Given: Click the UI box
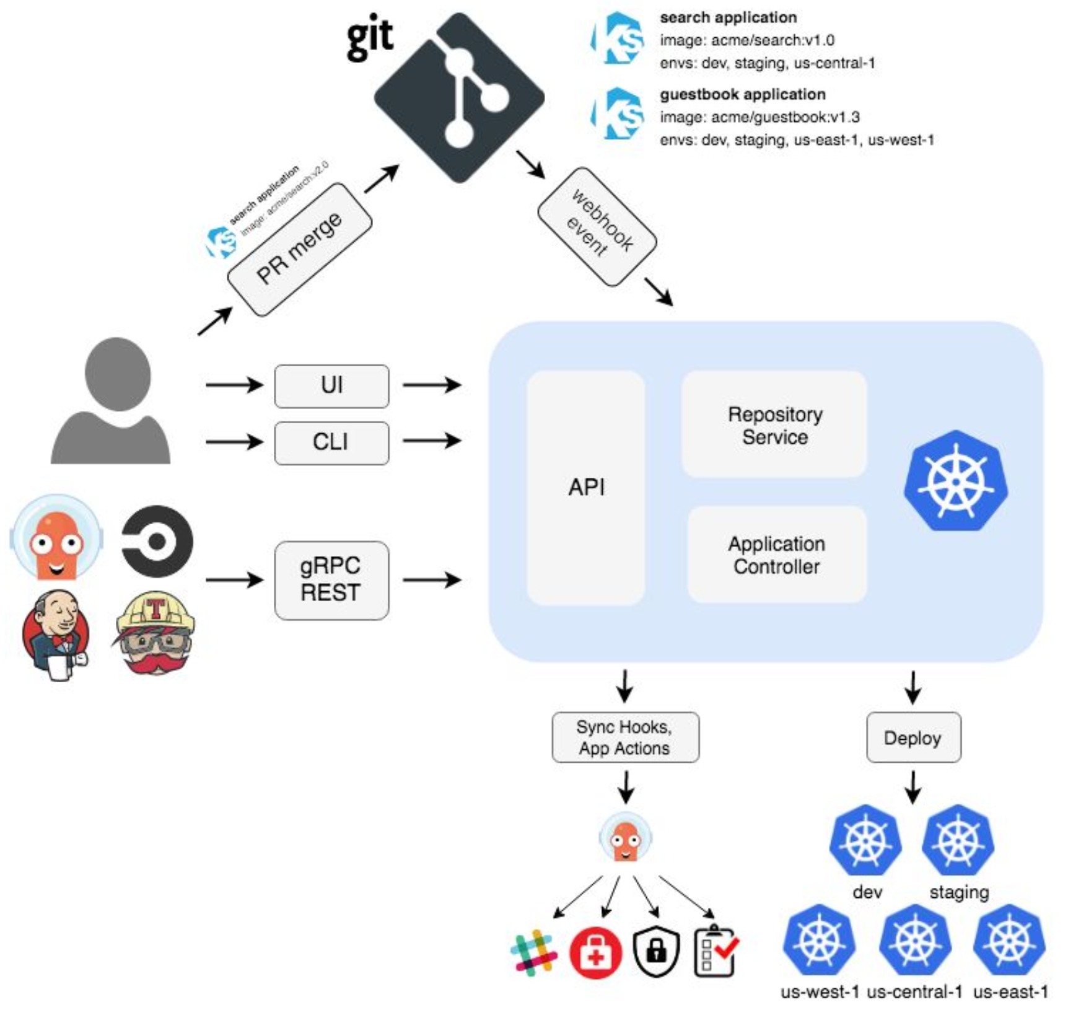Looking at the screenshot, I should pos(331,386).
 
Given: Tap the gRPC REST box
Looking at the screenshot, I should pos(331,580).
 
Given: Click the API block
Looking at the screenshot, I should pos(585,488).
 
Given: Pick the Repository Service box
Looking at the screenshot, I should pos(774,425).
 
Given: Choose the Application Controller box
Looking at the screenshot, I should pos(776,555).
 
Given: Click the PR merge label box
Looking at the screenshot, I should pos(300,248).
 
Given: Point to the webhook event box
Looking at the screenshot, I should pos(597,227).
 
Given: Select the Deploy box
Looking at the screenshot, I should pos(913,737).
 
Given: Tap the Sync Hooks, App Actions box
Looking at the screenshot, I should pos(625,737).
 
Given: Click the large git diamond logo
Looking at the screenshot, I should pos(459,98).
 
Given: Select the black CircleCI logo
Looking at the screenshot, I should pos(157,542).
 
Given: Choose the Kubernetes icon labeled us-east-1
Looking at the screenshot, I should pos(1009,941).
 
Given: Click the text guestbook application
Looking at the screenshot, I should pos(743,94).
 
